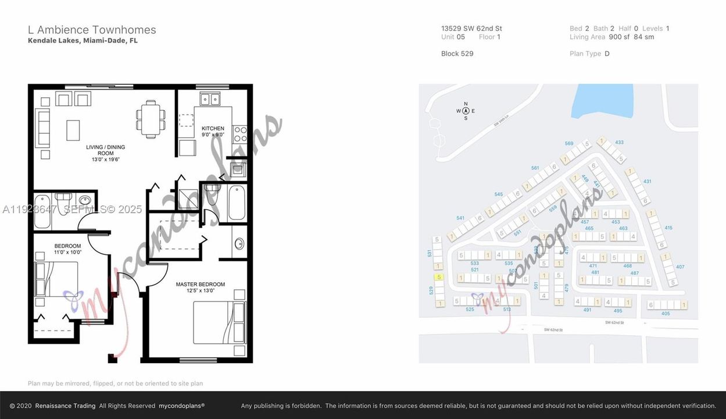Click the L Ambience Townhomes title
point(92,30)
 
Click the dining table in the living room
point(151,119)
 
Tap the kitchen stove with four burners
point(239,134)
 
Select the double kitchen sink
point(207,100)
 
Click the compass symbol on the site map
point(466,111)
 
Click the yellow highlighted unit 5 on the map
point(439,277)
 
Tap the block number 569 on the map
point(568,143)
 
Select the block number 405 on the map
point(666,314)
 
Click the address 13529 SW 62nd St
point(471,28)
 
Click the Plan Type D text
point(589,54)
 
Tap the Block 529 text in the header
point(457,54)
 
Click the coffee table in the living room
point(73,130)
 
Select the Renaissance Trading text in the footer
point(65,406)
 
